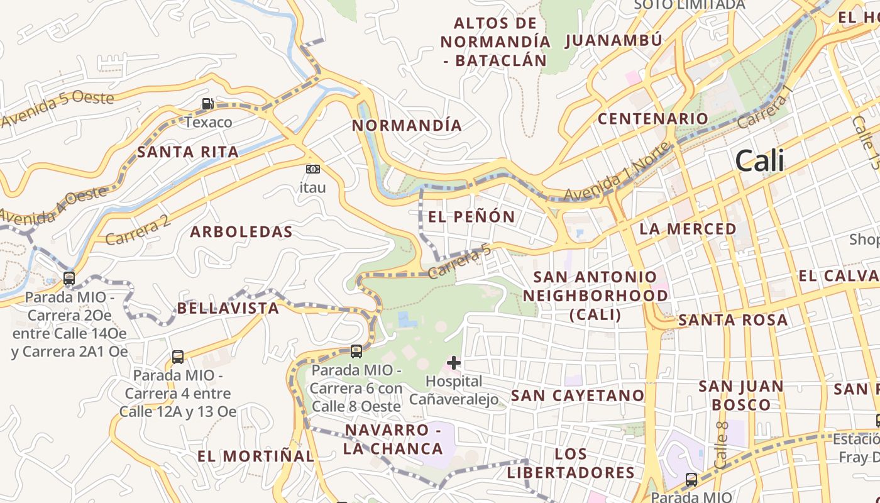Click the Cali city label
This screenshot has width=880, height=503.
point(759,161)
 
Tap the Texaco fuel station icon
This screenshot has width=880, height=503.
point(207,104)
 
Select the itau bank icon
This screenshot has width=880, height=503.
point(312,169)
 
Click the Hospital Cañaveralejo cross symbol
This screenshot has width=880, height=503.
point(454,362)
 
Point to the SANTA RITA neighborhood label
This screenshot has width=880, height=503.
point(188,152)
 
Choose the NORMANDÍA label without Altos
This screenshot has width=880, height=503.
point(407,125)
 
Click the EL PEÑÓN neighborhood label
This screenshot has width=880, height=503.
point(471,217)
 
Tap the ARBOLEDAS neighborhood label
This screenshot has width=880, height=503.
point(241,232)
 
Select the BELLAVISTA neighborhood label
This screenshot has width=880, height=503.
point(228,308)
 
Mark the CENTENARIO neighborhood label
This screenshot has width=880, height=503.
point(652,118)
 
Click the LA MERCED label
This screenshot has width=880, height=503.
point(688,229)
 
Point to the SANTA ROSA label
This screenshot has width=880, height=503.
point(732,320)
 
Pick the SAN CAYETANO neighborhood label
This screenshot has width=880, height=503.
point(578,395)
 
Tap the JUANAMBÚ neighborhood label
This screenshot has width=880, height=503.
point(613,41)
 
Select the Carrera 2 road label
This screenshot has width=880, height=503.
point(138,229)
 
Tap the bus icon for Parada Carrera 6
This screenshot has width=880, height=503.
point(356,351)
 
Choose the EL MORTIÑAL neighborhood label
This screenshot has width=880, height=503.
point(255,456)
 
